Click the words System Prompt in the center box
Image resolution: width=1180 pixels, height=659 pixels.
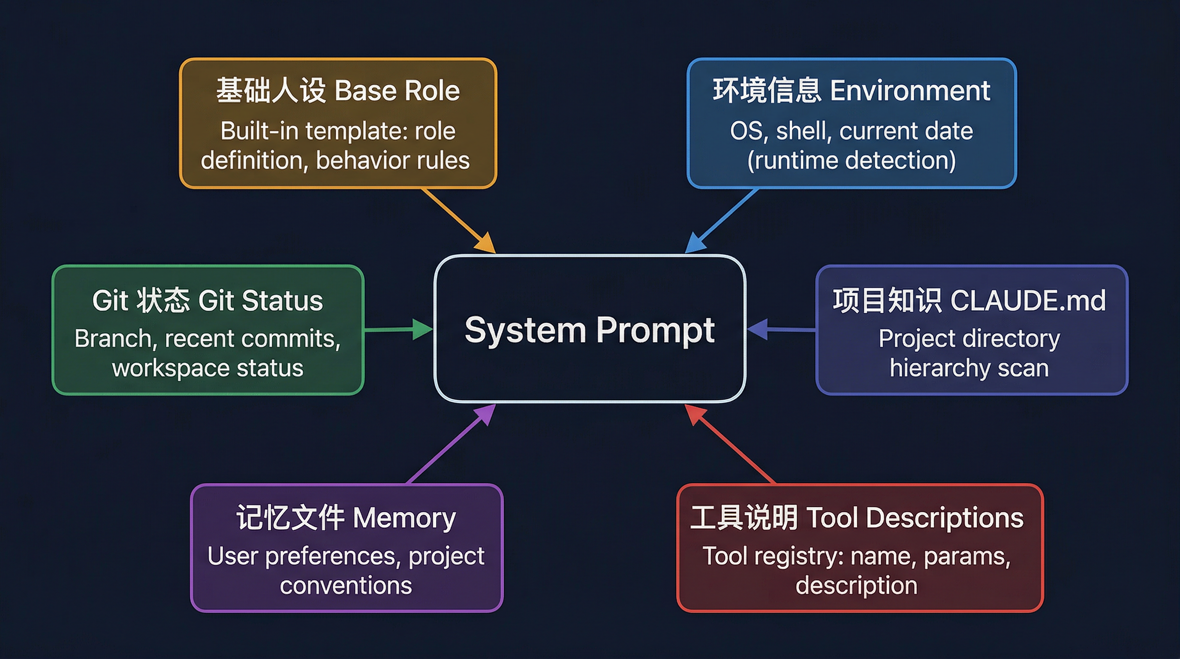(x=590, y=329)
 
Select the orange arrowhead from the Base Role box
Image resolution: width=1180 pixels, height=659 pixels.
(x=487, y=243)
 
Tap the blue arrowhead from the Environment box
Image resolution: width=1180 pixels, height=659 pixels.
(x=695, y=243)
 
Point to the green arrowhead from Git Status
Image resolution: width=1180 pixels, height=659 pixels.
(x=421, y=329)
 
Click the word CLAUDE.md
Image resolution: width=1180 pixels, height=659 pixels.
(x=1027, y=301)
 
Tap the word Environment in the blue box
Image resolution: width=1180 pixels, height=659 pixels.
(x=910, y=90)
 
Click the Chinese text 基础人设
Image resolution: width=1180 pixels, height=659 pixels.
(x=271, y=90)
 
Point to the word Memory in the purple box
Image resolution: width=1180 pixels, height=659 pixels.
(x=404, y=518)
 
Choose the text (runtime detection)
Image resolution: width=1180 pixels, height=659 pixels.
(x=852, y=160)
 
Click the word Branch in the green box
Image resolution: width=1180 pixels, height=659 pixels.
(x=113, y=339)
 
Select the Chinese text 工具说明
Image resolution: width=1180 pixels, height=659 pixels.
(x=744, y=518)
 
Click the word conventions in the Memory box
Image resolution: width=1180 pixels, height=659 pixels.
(x=346, y=586)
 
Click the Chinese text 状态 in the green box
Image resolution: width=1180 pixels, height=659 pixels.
(x=163, y=301)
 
